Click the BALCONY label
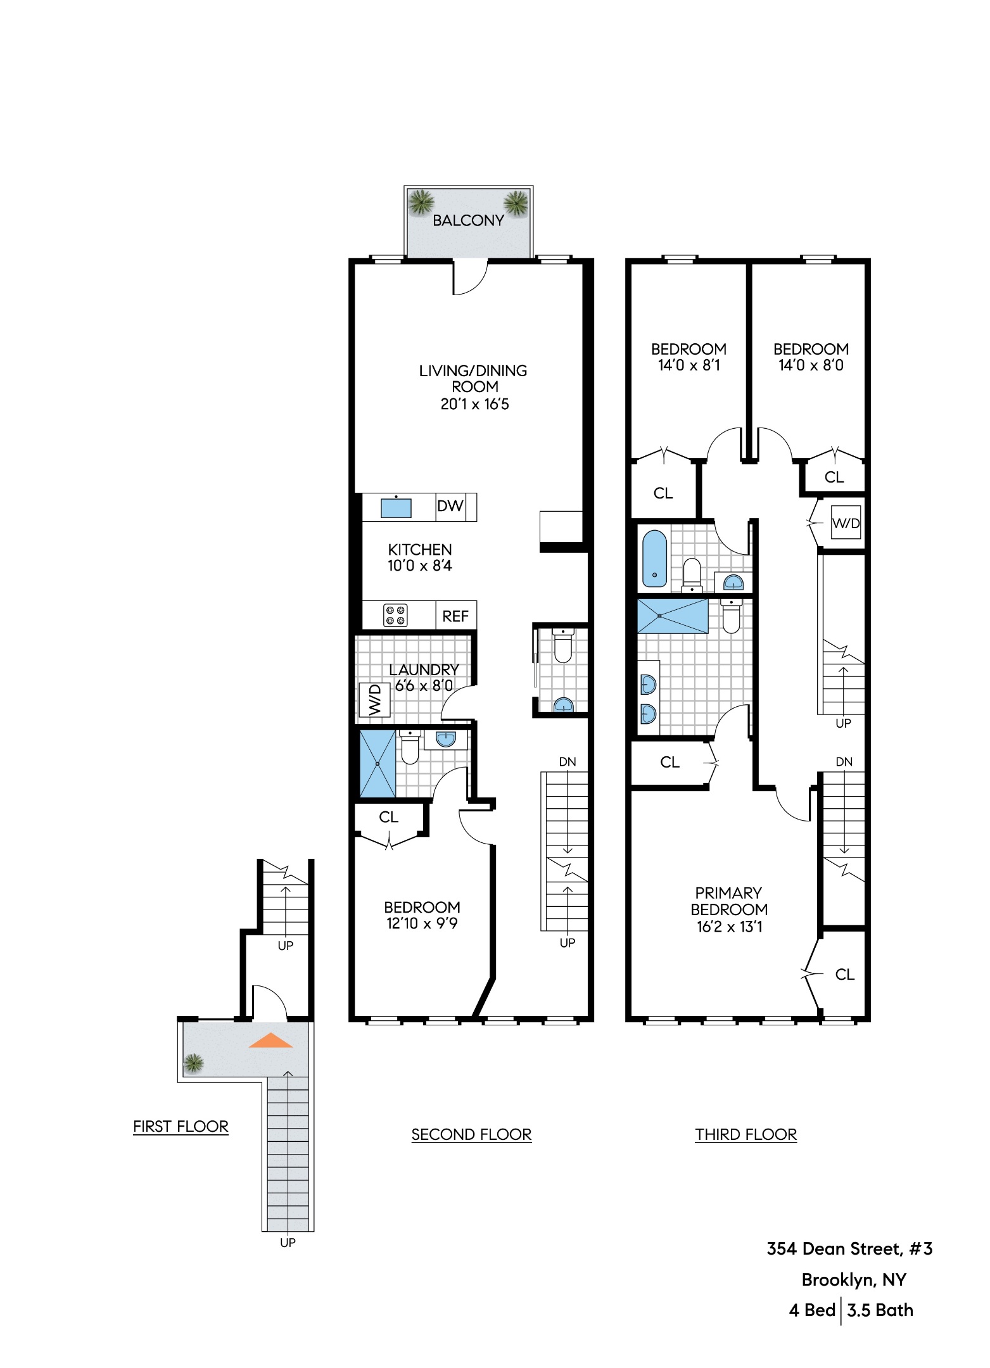coord(468,220)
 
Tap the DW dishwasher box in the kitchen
coord(450,507)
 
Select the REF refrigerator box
coord(455,616)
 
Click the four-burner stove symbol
coord(395,616)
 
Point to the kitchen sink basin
coord(396,508)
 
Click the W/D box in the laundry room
coord(374,700)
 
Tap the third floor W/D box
coord(846,523)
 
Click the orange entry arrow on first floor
coord(271,1041)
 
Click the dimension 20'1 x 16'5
coord(474,404)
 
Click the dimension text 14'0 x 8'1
coord(689,365)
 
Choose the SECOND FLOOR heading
coord(471,1134)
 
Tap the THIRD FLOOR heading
coord(746,1134)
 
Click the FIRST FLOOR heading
coord(181,1126)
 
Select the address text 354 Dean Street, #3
coord(849,1248)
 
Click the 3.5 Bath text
coord(880,1310)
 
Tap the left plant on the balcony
coord(421,203)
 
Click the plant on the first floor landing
coord(193,1063)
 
